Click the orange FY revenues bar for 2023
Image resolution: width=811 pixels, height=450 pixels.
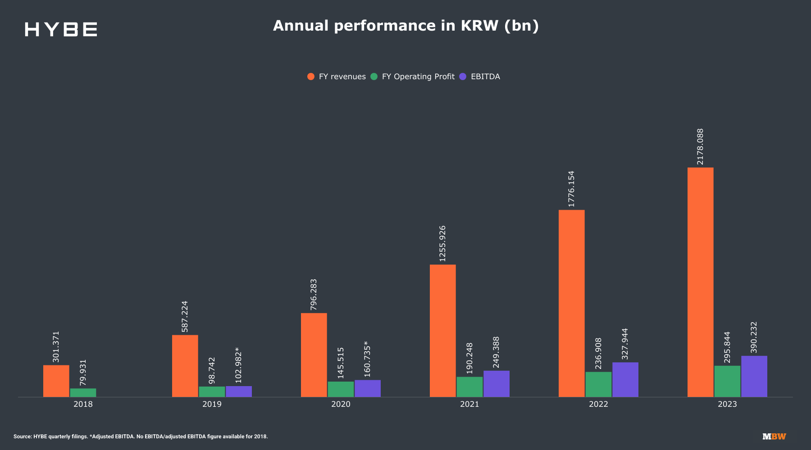[700, 282]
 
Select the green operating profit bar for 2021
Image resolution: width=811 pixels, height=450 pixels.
[469, 387]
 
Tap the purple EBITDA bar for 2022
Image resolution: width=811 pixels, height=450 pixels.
[625, 379]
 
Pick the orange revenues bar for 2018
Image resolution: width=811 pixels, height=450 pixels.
[56, 381]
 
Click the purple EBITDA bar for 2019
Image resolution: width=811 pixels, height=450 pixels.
[239, 391]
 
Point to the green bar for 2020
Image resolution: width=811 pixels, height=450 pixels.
[341, 389]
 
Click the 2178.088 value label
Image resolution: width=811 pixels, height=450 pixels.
[700, 147]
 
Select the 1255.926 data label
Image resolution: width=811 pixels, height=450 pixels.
[442, 243]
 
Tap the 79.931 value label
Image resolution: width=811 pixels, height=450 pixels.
[83, 372]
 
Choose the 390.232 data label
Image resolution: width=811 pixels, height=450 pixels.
[754, 337]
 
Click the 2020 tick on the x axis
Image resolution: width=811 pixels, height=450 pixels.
[341, 404]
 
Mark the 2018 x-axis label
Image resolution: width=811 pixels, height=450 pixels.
[83, 404]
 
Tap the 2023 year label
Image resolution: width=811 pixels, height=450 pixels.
[727, 404]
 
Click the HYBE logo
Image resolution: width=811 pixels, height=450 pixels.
[61, 29]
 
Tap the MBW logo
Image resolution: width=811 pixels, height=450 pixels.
[774, 436]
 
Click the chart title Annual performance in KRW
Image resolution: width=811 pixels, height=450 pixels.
[405, 26]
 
